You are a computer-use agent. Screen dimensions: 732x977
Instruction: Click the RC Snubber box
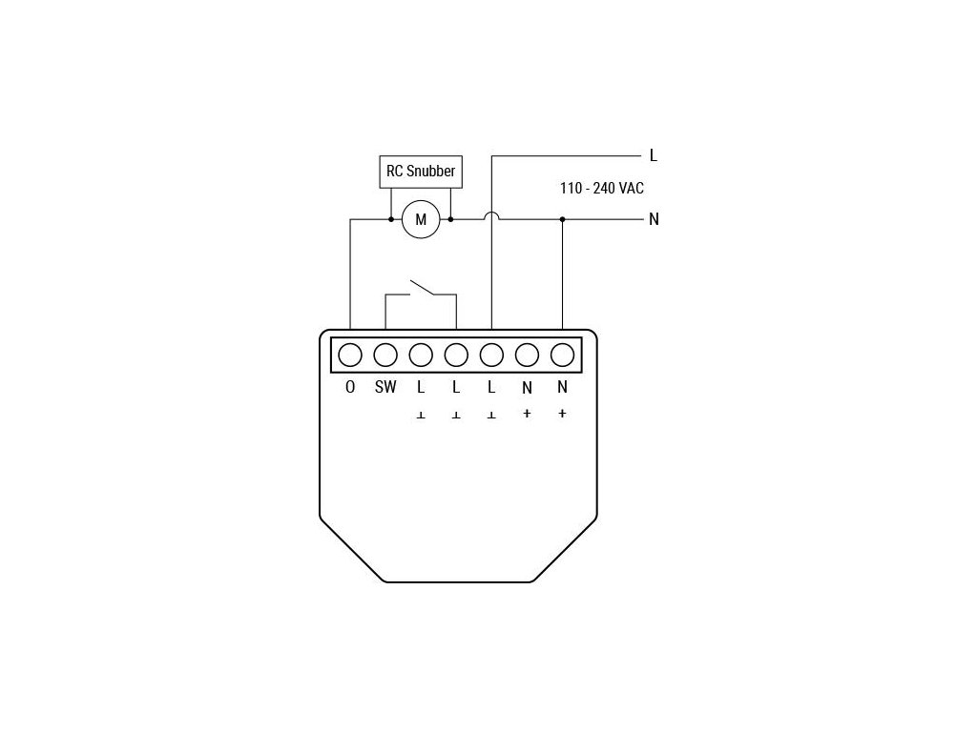[x=421, y=172]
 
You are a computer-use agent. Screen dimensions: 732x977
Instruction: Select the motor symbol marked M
[x=420, y=220]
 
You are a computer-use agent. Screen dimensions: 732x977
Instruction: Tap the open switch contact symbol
[x=421, y=287]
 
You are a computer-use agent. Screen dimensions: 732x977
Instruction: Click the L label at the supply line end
[x=654, y=154]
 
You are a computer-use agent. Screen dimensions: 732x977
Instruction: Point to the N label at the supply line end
[x=654, y=219]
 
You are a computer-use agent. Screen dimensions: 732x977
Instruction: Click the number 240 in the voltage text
[x=604, y=189]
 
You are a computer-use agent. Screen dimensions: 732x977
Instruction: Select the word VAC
[x=632, y=189]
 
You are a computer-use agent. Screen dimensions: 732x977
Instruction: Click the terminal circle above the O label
[x=350, y=355]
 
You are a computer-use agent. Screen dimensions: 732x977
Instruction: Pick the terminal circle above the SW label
[x=385, y=355]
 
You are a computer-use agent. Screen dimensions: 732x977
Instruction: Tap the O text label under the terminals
[x=350, y=387]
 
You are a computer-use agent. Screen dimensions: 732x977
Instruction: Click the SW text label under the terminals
[x=385, y=387]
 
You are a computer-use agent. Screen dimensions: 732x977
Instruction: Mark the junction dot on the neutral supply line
[x=562, y=219]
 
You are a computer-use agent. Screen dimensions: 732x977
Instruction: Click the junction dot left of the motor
[x=391, y=219]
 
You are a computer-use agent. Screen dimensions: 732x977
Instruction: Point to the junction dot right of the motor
[x=450, y=219]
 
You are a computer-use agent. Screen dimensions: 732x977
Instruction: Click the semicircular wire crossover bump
[x=491, y=215]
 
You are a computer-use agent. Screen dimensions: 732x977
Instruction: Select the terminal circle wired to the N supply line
[x=562, y=355]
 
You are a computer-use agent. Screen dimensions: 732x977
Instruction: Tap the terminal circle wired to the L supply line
[x=491, y=355]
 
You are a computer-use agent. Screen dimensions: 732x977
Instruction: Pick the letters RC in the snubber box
[x=394, y=172]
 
